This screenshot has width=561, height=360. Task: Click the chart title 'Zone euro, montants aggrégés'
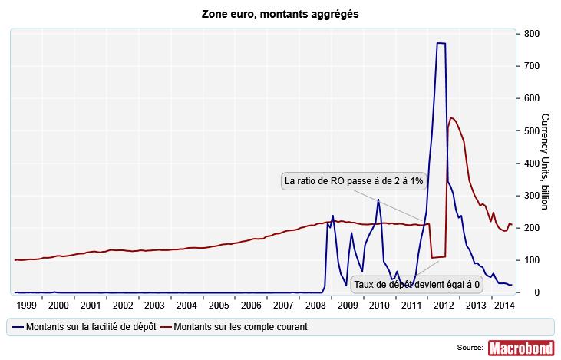280,14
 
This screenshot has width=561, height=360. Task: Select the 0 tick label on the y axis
526,292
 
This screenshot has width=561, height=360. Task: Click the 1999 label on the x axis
27,305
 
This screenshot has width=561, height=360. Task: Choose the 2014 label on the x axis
502,305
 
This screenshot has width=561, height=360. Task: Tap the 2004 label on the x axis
187,305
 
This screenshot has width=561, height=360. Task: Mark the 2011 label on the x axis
411,305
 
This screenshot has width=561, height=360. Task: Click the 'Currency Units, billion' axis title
545,161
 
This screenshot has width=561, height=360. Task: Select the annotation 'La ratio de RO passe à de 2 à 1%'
344,181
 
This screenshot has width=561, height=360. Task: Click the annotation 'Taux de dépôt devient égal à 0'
417,284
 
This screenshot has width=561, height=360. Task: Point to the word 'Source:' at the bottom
469,348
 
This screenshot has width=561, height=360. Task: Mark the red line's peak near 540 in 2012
451,117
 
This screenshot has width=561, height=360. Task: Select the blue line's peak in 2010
378,200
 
